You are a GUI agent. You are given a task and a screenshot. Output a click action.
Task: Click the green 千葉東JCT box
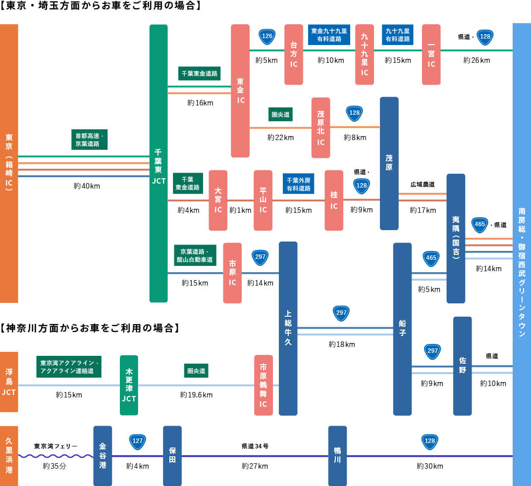coord(159,163)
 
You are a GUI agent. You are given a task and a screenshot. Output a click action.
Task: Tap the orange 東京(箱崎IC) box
coord(9,163)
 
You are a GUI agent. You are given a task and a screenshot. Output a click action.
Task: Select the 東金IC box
coord(240,91)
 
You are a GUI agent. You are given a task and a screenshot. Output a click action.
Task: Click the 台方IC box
coord(294,54)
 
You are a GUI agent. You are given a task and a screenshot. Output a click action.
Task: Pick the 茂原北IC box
coord(320,128)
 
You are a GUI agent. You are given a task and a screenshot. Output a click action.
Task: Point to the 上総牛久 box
coord(288,328)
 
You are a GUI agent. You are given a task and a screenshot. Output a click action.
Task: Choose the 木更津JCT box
coord(129,385)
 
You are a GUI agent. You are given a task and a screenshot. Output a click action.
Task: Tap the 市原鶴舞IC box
coord(263,385)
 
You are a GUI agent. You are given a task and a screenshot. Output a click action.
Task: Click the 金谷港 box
coord(103,456)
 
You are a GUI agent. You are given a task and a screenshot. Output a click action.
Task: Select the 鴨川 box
coord(337,456)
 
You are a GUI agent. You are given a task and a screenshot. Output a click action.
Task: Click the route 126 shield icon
coord(267,36)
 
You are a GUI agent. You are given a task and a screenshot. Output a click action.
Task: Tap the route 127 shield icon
coord(138,440)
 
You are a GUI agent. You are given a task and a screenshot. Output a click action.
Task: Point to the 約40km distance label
coord(87,186)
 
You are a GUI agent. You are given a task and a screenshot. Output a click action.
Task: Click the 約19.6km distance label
coord(196,395)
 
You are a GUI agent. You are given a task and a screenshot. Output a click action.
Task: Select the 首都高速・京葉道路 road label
coord(89,140)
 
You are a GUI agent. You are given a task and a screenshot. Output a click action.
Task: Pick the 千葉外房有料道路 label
coord(298,183)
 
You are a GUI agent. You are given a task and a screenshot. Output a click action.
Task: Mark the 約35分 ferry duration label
coord(54,466)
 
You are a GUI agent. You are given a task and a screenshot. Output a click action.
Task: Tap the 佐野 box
coord(462,366)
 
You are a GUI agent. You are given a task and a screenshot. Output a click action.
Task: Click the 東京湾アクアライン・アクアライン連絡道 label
coord(69,367)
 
